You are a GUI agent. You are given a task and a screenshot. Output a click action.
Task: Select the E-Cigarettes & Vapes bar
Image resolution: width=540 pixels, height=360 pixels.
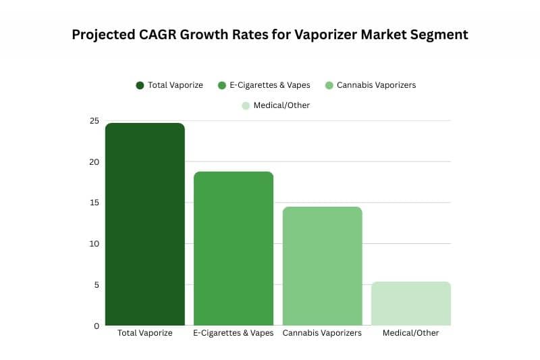click(x=234, y=249)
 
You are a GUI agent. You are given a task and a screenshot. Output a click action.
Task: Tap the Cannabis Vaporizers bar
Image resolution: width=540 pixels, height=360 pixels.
click(x=322, y=266)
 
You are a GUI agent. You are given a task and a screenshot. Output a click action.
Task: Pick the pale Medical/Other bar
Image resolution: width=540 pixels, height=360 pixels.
click(x=411, y=303)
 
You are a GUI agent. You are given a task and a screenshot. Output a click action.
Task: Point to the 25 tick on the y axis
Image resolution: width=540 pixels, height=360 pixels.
click(x=94, y=121)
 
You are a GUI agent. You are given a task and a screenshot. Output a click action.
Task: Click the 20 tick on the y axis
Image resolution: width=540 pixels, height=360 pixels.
click(x=94, y=162)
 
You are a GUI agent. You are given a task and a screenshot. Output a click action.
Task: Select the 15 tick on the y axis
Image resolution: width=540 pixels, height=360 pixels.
click(x=94, y=203)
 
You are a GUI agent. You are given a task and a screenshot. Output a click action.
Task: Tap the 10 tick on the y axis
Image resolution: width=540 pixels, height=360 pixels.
click(x=94, y=244)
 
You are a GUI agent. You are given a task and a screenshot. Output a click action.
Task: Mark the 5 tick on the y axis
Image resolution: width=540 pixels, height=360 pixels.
click(x=97, y=284)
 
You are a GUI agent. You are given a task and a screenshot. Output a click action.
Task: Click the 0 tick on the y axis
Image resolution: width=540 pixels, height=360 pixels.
click(x=97, y=326)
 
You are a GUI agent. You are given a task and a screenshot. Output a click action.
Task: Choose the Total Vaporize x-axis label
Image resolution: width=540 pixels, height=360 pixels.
click(x=145, y=333)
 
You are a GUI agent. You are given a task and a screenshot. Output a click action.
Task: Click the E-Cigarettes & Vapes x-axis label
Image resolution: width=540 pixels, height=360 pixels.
click(x=234, y=333)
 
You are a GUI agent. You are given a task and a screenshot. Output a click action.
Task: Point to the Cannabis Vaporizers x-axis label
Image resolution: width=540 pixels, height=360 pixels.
click(x=322, y=333)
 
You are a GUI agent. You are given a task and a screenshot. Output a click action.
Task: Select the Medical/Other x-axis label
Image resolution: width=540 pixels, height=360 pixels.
click(x=411, y=333)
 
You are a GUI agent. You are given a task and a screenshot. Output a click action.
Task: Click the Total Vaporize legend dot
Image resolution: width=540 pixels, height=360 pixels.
click(x=140, y=85)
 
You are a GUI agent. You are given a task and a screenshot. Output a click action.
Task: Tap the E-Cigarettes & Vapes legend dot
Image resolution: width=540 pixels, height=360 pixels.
click(x=221, y=85)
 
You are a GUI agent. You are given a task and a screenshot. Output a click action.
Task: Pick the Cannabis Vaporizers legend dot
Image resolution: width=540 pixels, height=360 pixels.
click(x=329, y=85)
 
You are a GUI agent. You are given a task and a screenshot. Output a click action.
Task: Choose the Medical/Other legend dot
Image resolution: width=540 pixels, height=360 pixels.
click(x=246, y=105)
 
